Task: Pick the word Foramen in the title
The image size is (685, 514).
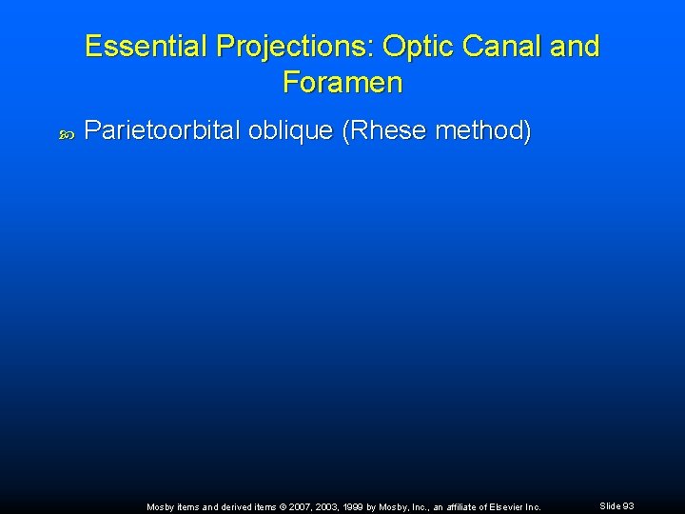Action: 342,83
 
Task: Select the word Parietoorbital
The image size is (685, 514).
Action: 163,130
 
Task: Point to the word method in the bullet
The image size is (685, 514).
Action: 481,130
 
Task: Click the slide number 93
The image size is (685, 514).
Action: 628,506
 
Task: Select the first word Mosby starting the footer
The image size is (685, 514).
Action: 160,507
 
